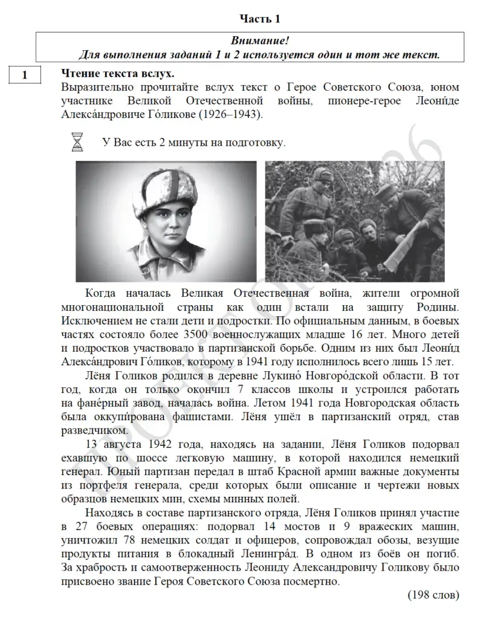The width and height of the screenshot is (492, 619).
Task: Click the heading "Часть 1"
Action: [x=260, y=19]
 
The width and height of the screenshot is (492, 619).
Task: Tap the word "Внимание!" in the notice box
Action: [x=260, y=41]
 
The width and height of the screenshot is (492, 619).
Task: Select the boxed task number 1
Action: [x=24, y=76]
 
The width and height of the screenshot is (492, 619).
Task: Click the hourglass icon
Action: [x=77, y=143]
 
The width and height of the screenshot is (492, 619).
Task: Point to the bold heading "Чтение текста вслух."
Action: [x=118, y=74]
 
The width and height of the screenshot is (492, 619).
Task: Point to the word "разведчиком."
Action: [x=94, y=430]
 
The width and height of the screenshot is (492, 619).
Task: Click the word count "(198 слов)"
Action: [x=433, y=595]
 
